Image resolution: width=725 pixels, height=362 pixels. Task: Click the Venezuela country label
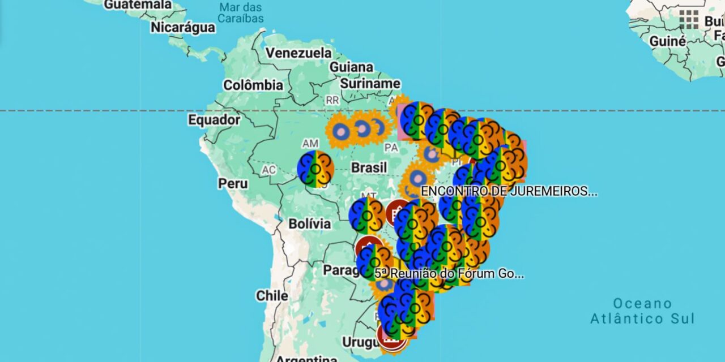coord(299,53)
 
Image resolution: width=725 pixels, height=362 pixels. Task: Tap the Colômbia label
coord(253,85)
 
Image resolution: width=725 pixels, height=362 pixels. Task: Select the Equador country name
coord(214,120)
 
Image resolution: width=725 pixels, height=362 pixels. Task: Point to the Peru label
coord(233,183)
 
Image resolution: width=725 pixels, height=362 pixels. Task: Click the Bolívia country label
coord(309,223)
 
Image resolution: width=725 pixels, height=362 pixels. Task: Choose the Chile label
coord(272,295)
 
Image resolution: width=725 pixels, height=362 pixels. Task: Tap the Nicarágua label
coord(182,27)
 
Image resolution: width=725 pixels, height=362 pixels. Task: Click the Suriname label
coord(370,84)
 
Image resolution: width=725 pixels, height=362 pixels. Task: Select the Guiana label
coord(351,67)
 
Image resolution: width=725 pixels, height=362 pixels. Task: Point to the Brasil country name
coord(369,167)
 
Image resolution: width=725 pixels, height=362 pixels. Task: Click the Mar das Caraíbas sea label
coord(241,12)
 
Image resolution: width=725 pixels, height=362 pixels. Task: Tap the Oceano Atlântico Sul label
coord(642,311)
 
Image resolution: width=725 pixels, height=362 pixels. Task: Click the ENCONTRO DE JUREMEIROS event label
coord(509,191)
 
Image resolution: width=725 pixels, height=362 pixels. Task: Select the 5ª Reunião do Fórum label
coord(449,274)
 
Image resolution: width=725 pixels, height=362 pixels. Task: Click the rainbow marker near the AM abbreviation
coord(315,169)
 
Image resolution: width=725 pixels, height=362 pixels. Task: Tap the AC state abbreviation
coord(268,170)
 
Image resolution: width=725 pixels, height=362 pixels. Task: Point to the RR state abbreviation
coord(332,100)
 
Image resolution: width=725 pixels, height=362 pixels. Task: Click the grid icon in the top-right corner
coord(689,19)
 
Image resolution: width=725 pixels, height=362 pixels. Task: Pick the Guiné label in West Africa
coord(667,41)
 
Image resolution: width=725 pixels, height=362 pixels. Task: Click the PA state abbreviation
coord(391,148)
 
